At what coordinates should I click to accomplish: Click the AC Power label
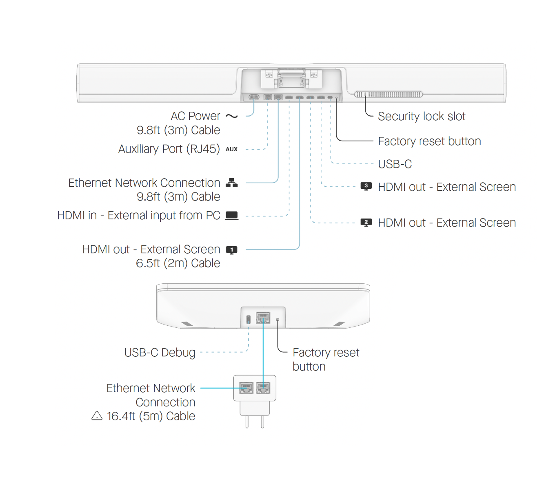click(195, 116)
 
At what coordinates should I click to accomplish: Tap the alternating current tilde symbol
click(231, 116)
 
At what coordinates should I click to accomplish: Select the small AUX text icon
click(231, 149)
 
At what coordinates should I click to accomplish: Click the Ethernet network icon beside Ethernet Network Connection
click(231, 183)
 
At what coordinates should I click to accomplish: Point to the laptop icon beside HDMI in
click(231, 216)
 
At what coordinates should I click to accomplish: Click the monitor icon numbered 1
click(231, 250)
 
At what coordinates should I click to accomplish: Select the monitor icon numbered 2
click(366, 223)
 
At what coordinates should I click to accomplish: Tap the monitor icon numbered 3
click(366, 186)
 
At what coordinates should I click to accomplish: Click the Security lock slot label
click(422, 117)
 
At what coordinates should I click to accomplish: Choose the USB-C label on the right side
click(395, 164)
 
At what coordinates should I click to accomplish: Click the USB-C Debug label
click(160, 352)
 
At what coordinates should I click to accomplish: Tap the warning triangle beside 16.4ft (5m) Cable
click(97, 416)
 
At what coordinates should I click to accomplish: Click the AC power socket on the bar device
click(254, 97)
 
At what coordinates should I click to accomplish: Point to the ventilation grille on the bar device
click(388, 94)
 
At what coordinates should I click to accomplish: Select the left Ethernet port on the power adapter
click(246, 388)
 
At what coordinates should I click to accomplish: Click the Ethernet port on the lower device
click(263, 317)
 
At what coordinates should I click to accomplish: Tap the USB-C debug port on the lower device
click(249, 319)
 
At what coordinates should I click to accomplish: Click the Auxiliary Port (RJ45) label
click(169, 149)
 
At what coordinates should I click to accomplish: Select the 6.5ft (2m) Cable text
click(178, 263)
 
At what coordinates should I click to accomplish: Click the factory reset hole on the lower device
click(277, 320)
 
